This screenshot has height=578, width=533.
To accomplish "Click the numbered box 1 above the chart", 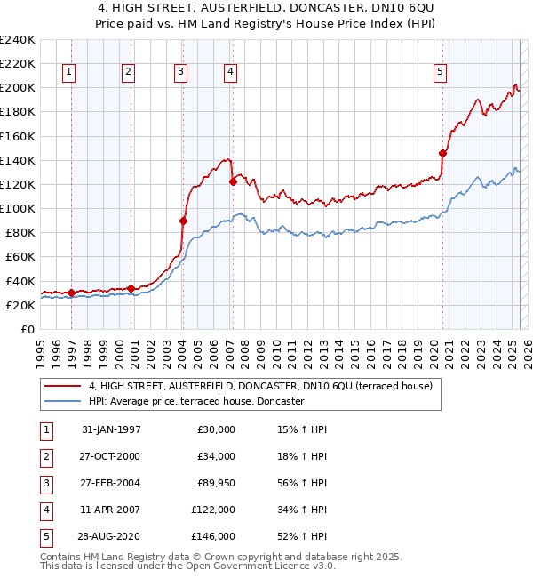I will [69, 73].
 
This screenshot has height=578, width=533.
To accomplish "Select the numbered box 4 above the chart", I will [230, 73].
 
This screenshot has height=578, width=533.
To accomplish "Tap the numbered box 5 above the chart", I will [440, 73].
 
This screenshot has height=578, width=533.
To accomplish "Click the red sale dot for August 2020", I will [442, 153].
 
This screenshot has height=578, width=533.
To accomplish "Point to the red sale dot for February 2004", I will [183, 221].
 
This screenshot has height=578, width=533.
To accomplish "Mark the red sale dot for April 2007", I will [233, 181].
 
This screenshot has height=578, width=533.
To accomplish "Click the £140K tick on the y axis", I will [18, 161].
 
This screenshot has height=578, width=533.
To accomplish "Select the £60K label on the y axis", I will [20, 257].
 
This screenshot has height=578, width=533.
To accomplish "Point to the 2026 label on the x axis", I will [527, 346].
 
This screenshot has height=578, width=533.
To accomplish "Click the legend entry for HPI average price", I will [196, 402].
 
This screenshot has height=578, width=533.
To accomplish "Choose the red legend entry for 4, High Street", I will [260, 386].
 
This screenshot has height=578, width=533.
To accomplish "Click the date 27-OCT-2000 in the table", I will [111, 456].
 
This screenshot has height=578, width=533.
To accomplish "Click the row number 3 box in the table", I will [44, 483].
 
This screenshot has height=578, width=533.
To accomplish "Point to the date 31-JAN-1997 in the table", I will [111, 429].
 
